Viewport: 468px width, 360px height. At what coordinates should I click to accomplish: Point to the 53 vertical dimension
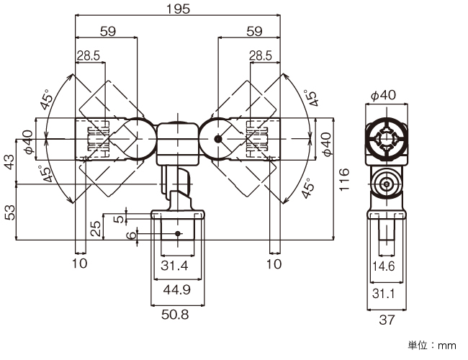[x=9, y=213]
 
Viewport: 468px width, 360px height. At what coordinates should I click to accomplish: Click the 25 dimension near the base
[x=96, y=228]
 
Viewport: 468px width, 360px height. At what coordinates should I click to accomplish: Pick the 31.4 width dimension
[x=176, y=266]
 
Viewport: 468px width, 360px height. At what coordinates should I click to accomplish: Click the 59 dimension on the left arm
[x=106, y=31]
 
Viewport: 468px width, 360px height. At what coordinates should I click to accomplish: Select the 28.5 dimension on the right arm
[x=261, y=55]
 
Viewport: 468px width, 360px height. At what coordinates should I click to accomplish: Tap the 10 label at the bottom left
[x=80, y=264]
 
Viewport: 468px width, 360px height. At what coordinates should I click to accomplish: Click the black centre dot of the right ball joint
[x=217, y=138]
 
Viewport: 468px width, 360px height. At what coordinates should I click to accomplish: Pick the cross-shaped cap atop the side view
[x=388, y=138]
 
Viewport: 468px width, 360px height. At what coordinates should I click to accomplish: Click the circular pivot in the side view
[x=388, y=184]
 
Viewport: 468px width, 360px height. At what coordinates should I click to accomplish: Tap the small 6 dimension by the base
[x=131, y=235]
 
